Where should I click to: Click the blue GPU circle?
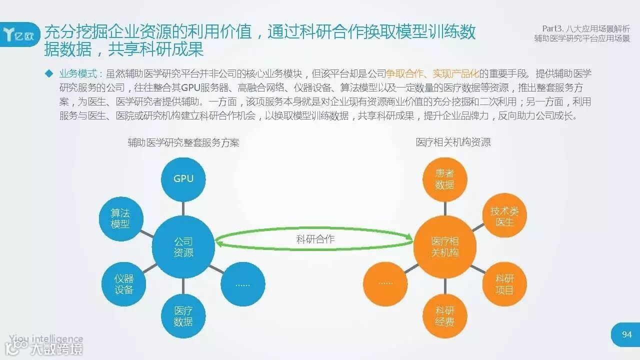[183, 178]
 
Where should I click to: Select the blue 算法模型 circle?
[120, 218]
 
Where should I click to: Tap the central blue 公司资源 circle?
[183, 247]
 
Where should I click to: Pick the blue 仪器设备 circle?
[123, 284]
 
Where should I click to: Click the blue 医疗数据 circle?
[183, 316]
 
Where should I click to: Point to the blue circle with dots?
[242, 284]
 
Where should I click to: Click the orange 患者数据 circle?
[444, 179]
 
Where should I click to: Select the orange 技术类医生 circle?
[504, 216]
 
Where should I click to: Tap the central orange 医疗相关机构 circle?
[444, 247]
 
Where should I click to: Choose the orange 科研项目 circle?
[504, 284]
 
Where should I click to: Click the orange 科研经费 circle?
[444, 316]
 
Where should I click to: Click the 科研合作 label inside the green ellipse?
[315, 239]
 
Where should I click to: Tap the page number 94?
[626, 334]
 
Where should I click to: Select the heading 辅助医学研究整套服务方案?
[183, 142]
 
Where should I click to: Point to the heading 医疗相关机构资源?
[453, 142]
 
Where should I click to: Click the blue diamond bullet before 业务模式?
[49, 73]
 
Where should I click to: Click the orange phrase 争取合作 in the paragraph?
[404, 73]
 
